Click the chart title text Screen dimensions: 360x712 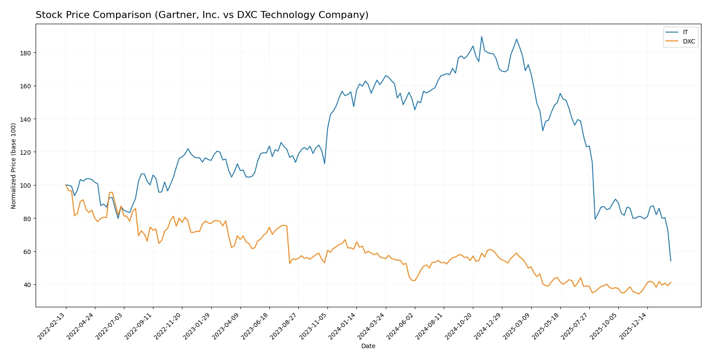202,15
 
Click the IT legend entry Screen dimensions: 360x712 685,32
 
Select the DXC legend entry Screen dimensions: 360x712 688,42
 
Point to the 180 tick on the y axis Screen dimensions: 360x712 26,53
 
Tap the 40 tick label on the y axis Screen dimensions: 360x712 27,285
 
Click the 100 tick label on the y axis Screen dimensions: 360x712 26,185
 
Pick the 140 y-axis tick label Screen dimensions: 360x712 26,119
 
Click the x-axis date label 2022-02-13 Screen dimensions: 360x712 52,326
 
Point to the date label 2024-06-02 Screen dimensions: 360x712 400,326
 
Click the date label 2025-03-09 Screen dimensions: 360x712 517,326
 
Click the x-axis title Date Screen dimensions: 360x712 368,346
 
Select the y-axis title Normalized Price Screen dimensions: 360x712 14,166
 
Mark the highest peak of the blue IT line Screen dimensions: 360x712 481,36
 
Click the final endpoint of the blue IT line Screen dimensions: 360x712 671,261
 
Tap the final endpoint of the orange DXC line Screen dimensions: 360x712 671,282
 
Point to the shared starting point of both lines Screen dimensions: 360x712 66,185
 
